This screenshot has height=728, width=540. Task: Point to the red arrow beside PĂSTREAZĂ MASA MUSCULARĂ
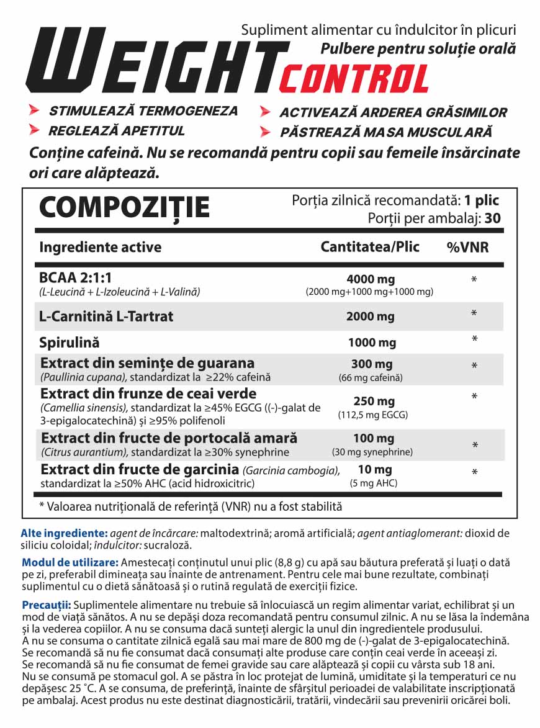click(265, 132)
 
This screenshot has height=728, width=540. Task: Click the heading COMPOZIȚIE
click(124, 207)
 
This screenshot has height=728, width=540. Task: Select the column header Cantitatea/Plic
click(370, 247)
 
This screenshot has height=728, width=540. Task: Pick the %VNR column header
click(467, 248)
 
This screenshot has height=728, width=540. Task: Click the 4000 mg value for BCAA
click(370, 279)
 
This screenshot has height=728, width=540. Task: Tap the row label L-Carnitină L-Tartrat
click(106, 317)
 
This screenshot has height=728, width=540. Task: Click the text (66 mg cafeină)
click(370, 377)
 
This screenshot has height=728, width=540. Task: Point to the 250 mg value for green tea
click(370, 402)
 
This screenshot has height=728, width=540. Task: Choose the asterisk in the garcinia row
click(474, 473)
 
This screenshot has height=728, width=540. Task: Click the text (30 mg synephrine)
click(372, 452)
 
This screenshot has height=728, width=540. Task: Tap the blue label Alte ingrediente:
click(64, 533)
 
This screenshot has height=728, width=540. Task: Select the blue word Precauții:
click(47, 604)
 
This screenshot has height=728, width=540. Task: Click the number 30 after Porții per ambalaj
click(493, 218)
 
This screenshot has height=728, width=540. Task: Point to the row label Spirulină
click(69, 343)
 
